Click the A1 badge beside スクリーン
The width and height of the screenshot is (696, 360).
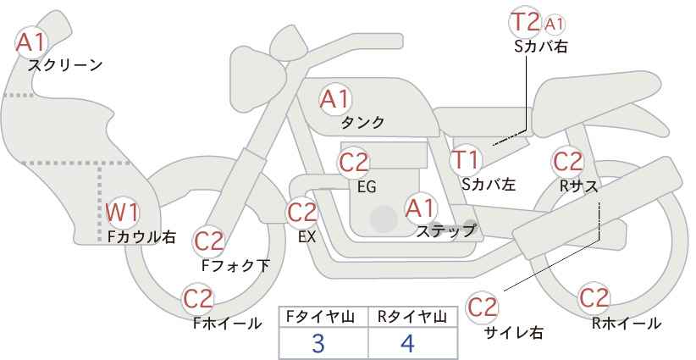click(x=32, y=41)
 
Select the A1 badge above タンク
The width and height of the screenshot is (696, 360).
click(x=334, y=99)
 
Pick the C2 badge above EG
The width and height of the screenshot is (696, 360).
click(x=354, y=162)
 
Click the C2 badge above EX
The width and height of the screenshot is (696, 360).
click(x=301, y=213)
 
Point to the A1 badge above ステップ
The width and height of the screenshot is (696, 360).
click(x=420, y=208)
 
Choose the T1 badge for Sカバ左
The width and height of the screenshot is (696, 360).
click(x=466, y=159)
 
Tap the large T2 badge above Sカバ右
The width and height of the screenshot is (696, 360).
click(x=524, y=22)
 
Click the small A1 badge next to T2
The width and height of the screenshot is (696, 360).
click(x=555, y=24)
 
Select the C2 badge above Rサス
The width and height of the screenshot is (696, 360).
click(x=567, y=161)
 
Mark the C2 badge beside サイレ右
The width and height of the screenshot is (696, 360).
click(x=483, y=307)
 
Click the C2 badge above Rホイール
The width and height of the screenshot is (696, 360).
click(x=594, y=298)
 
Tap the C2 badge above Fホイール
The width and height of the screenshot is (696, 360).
click(x=198, y=298)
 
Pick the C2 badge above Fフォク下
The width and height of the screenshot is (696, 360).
click(x=208, y=241)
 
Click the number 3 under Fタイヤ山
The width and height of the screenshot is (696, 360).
click(x=318, y=343)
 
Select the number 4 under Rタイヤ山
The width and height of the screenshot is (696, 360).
click(x=408, y=343)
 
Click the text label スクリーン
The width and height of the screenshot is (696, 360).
click(x=65, y=65)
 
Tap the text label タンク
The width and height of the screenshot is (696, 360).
click(x=362, y=123)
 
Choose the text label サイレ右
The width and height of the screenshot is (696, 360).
click(x=513, y=332)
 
